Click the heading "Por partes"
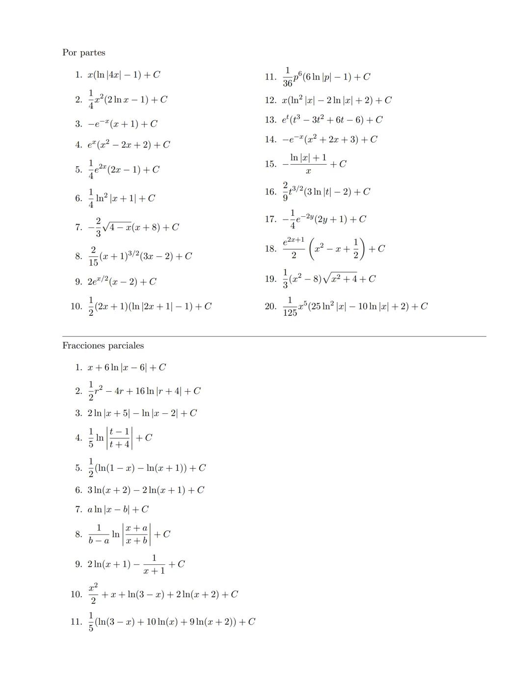point(83,52)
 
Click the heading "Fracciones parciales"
point(103,346)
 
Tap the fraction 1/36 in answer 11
point(288,77)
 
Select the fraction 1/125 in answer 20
point(290,306)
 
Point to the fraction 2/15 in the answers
point(93,256)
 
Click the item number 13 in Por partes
point(270,120)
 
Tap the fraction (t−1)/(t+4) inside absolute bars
point(119,438)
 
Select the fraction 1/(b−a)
point(99,534)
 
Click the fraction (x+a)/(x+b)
point(136,534)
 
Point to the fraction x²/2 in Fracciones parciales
point(93,594)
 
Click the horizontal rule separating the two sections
point(274,336)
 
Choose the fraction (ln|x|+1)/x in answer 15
point(308,164)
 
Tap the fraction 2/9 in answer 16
point(285,192)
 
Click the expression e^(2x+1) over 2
point(293,248)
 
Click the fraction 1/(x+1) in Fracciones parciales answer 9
point(154,564)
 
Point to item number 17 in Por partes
point(270,219)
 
